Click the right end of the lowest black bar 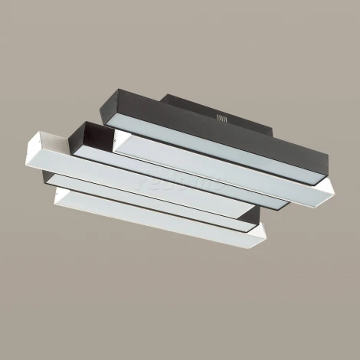tap(248, 222)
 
